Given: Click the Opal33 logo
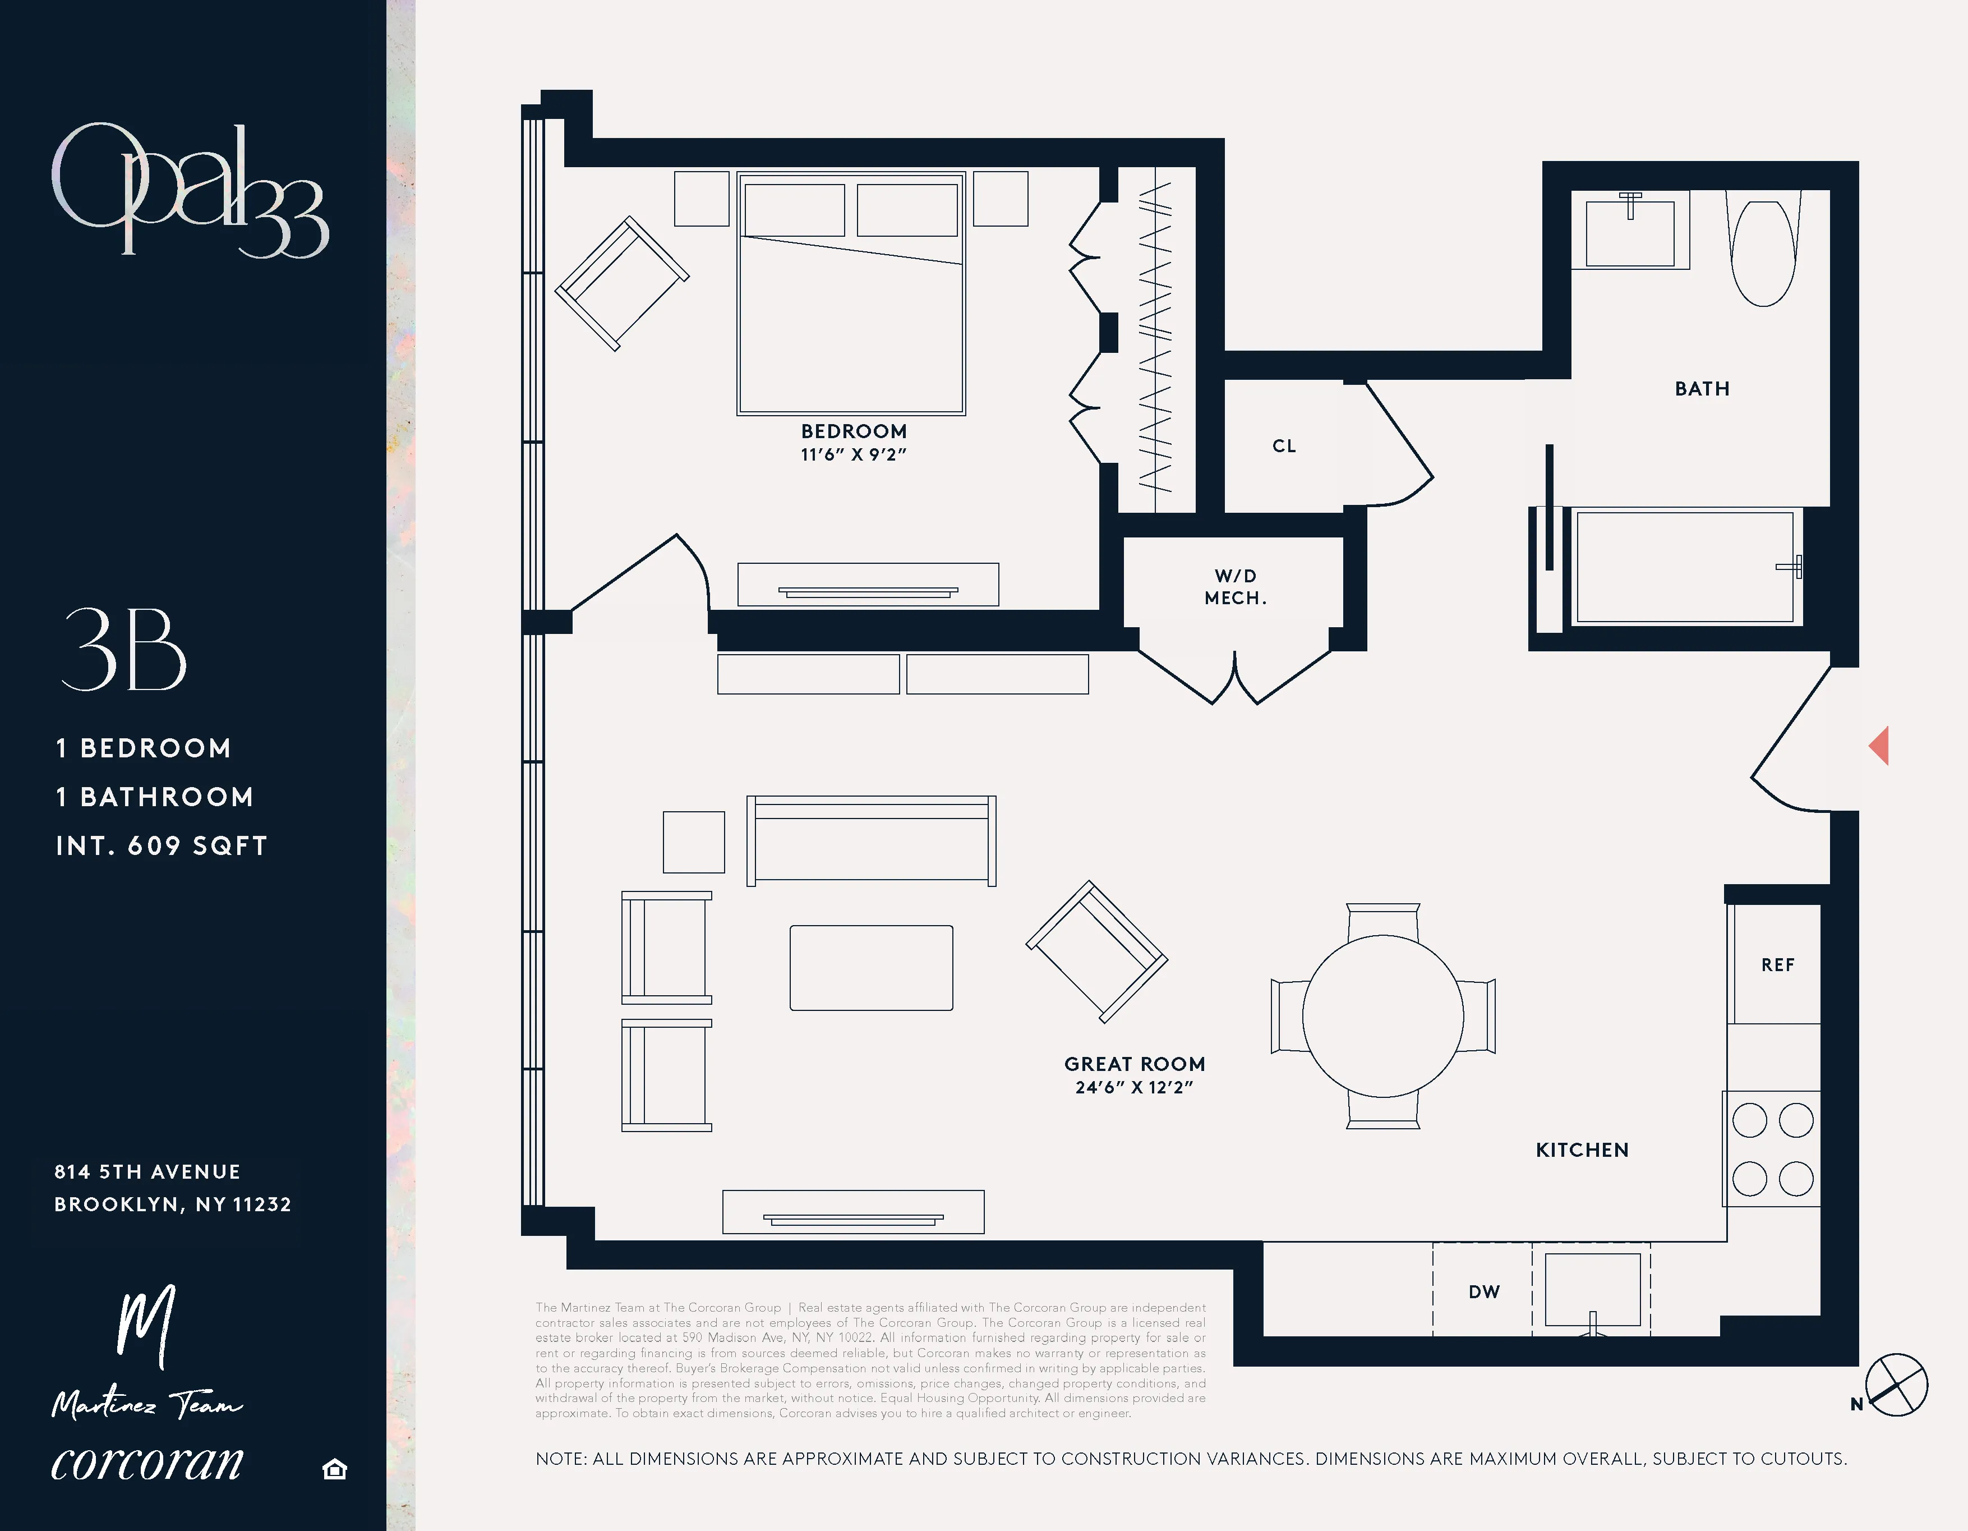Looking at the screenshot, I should click(189, 191).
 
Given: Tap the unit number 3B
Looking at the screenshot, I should click(123, 649).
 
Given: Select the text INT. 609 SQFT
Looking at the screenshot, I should click(162, 845).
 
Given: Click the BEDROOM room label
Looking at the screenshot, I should click(854, 431).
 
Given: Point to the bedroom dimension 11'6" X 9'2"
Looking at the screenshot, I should click(854, 455).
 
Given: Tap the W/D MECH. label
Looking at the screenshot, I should click(1236, 587).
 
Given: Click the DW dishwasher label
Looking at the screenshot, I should click(1484, 1292).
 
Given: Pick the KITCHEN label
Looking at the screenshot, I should click(1582, 1150).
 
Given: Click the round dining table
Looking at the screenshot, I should click(1382, 1015).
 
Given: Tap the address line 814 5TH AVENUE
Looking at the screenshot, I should click(148, 1171).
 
